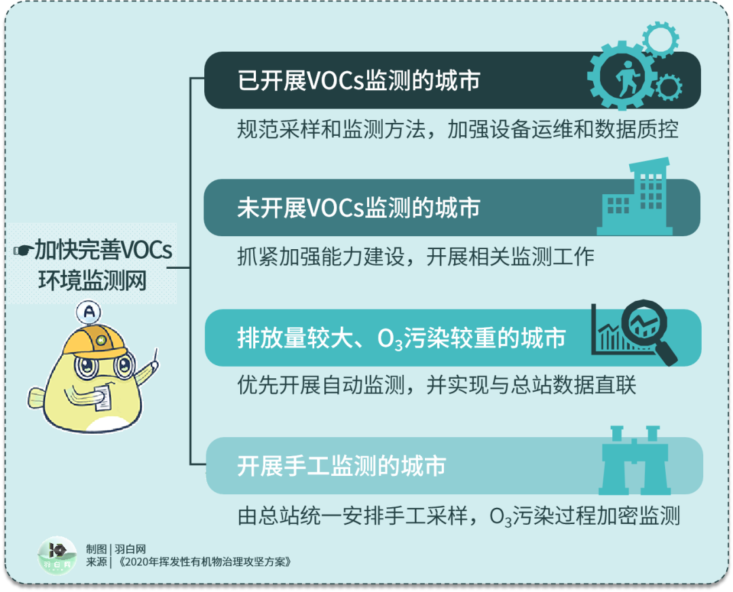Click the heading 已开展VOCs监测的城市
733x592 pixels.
pos(359,80)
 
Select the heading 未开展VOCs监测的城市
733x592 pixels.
pos(359,208)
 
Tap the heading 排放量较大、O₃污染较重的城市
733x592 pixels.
pos(401,338)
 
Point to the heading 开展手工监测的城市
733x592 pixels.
pos(341,466)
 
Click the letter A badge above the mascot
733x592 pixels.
pos(90,312)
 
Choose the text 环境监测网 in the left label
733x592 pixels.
pos(92,280)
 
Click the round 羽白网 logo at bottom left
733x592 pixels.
pos(57,556)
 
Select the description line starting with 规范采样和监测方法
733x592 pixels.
pos(457,130)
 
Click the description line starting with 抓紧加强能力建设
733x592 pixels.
pos(415,257)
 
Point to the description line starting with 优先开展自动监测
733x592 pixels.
pos(436,386)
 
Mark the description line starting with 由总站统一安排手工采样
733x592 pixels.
pos(458,516)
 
